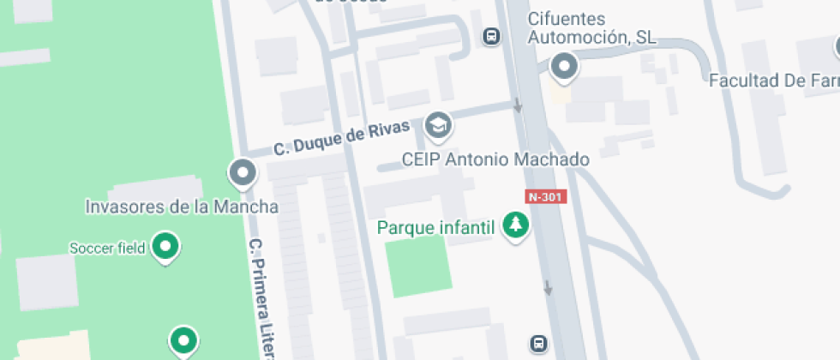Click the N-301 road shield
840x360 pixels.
545,196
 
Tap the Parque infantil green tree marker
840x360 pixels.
515,225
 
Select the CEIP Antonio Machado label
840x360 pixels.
496,159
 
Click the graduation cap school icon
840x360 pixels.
439,125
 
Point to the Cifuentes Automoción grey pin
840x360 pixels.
563,66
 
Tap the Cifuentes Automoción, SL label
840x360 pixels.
591,28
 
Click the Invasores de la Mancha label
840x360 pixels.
182,207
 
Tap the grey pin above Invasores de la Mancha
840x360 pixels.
243,172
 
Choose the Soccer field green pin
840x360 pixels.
165,247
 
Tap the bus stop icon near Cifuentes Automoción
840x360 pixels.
491,36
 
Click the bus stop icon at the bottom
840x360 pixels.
538,344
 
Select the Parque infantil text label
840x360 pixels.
436,228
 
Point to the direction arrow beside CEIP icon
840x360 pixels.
518,107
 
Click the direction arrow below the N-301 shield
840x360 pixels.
548,289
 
